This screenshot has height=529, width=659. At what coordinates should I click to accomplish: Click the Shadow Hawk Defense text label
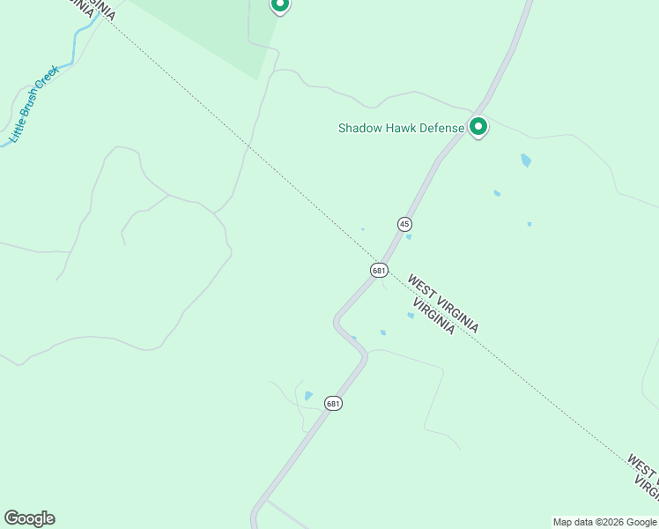(x=401, y=129)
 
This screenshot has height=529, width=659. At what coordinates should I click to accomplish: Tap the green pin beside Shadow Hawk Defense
(x=478, y=127)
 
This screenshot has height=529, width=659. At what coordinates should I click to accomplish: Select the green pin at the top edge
(x=279, y=4)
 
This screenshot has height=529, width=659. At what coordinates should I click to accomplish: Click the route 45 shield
(x=404, y=224)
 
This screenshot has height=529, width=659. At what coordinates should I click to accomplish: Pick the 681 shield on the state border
(x=379, y=270)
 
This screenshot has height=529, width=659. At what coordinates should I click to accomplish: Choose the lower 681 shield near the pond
(x=332, y=403)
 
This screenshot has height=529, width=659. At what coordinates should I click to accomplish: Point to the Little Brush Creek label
(x=33, y=104)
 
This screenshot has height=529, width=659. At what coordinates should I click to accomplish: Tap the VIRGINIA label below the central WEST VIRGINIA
(x=433, y=316)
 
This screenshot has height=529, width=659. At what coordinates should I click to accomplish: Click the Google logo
(x=29, y=518)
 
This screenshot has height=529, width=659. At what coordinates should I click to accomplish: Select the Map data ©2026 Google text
(x=605, y=522)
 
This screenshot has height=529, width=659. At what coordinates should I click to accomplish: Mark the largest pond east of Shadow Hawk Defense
(x=526, y=160)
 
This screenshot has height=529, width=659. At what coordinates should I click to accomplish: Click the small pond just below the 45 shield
(x=408, y=236)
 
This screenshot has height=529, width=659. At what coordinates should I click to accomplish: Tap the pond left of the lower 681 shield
(x=307, y=396)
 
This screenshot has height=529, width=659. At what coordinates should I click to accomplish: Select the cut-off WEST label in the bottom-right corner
(x=642, y=468)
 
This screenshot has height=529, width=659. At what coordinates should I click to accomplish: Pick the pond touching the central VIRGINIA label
(x=411, y=315)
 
